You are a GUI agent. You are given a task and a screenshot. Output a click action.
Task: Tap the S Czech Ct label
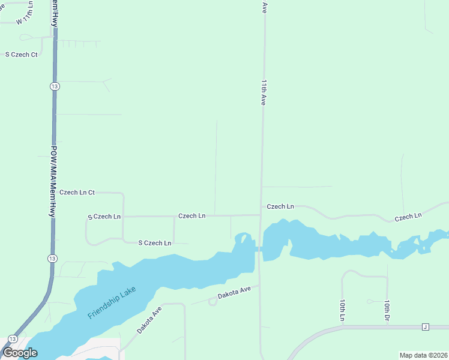tap(22, 55)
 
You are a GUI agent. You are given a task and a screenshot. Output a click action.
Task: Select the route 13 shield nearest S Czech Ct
tap(55, 86)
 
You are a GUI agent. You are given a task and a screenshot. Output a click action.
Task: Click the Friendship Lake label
tap(112, 303)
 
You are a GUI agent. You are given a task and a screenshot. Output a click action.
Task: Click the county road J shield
tap(426, 327)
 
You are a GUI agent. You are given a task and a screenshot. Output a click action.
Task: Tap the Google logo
tap(20, 353)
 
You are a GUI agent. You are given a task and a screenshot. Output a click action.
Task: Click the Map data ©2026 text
tap(423, 355)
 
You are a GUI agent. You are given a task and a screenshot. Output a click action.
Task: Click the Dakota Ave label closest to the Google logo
tap(149, 320)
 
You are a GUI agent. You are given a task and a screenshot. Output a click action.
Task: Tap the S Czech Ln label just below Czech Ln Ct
tap(104, 216)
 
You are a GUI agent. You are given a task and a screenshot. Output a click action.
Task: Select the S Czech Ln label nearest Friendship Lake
tap(155, 243)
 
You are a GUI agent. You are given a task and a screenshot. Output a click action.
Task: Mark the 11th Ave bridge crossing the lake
tap(259, 249)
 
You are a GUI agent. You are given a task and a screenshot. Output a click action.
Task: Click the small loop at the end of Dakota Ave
tap(212, 302)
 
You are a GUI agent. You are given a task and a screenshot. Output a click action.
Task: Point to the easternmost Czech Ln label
tap(408, 215)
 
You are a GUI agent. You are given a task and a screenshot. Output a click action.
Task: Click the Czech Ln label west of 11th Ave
tap(192, 215)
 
